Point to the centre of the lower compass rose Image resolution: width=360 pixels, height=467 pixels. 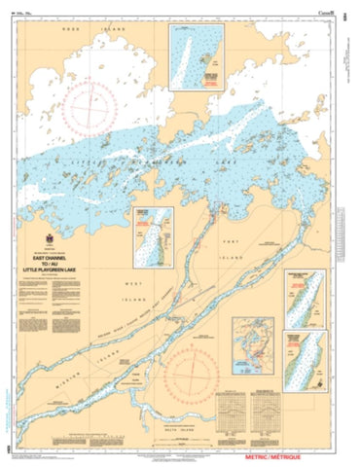point(195,381)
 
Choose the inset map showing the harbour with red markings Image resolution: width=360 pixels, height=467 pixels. point(249,345)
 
